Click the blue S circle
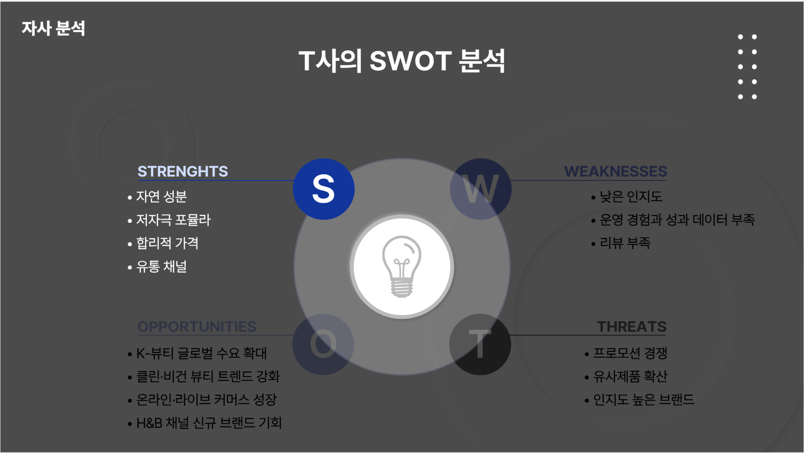pos(324,189)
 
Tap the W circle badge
pos(481,189)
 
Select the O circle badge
pos(323,344)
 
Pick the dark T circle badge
pos(480,344)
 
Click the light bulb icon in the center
pos(402,266)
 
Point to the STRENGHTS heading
pos(183,171)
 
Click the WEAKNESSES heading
pos(616,171)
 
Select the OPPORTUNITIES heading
pos(197,327)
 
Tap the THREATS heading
pos(632,327)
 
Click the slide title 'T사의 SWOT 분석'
pos(402,61)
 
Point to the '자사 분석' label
pos(53,28)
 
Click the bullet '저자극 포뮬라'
pos(173,220)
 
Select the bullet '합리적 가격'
pos(167,243)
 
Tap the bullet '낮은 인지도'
pos(631,197)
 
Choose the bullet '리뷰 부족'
pos(625,243)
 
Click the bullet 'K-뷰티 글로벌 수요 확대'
pos(201,353)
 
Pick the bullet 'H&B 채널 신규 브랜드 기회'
pos(209,423)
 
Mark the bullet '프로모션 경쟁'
pos(630,353)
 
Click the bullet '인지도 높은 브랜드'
pos(644,400)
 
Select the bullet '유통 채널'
pos(161,266)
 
